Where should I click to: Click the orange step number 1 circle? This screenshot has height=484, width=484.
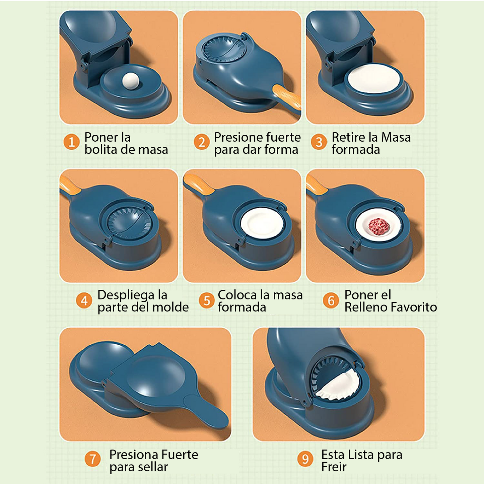click(x=72, y=142)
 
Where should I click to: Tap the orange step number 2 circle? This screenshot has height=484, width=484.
click(x=201, y=142)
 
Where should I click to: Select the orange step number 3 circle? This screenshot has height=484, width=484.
click(x=319, y=142)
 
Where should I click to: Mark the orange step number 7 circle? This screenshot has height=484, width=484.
click(x=93, y=459)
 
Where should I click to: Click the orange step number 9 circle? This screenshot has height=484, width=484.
click(x=305, y=459)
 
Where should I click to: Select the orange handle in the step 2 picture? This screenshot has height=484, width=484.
click(x=287, y=96)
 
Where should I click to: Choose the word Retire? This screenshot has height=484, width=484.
click(x=348, y=137)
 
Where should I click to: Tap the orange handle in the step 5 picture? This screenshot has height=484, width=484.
click(x=198, y=185)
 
